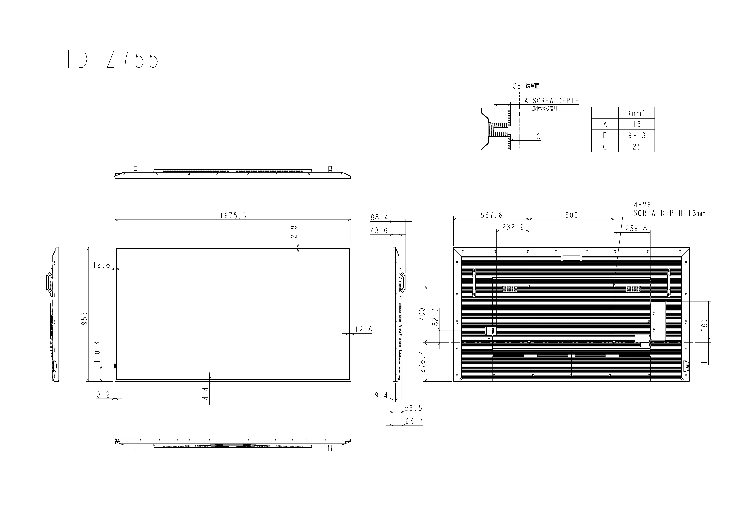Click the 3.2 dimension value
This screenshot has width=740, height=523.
103,395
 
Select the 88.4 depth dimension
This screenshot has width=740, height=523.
379,218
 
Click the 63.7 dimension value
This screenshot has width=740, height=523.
414,421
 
